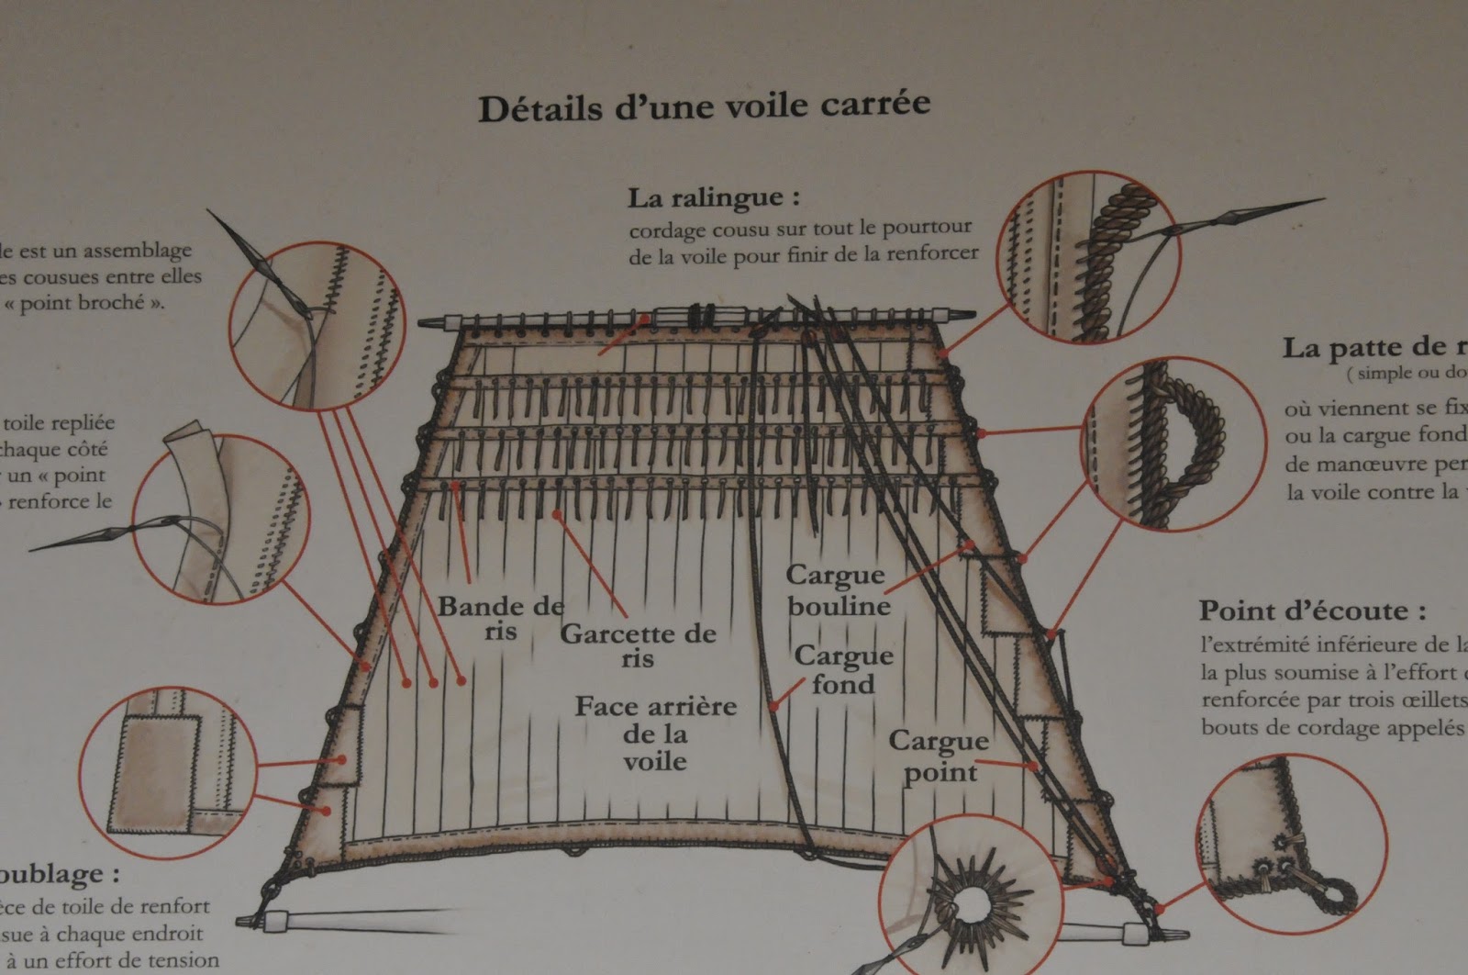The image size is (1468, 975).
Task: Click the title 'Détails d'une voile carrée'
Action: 704,106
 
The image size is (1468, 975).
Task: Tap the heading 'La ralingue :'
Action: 714,197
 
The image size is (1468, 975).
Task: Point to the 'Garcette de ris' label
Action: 638,645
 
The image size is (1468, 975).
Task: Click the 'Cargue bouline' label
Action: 837,590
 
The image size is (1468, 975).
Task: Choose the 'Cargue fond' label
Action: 843,669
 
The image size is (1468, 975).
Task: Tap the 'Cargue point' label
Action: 938,756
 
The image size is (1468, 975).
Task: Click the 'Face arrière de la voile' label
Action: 655,734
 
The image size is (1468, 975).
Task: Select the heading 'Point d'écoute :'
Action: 1312,611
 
